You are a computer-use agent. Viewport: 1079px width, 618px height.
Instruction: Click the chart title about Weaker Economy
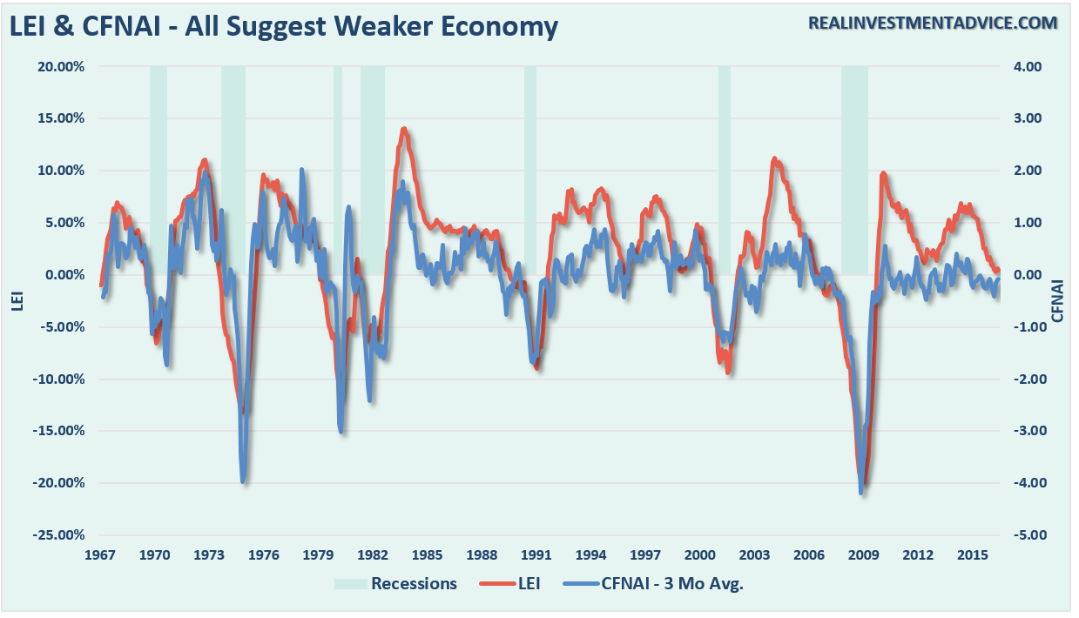point(284,25)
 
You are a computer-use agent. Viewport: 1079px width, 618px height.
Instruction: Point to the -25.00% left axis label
point(61,534)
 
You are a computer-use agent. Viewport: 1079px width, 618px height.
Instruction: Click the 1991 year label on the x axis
point(536,554)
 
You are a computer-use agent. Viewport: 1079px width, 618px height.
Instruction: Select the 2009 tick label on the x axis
point(863,554)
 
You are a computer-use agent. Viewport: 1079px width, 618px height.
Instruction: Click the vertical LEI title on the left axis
point(15,300)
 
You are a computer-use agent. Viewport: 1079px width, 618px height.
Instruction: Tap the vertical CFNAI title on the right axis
point(1058,300)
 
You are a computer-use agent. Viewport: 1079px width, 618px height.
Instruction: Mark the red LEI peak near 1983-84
point(404,129)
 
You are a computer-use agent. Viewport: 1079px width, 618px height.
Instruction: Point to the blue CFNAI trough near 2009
point(860,493)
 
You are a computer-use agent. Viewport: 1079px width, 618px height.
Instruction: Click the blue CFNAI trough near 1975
point(243,480)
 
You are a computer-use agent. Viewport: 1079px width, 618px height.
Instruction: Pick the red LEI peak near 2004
point(774,159)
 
